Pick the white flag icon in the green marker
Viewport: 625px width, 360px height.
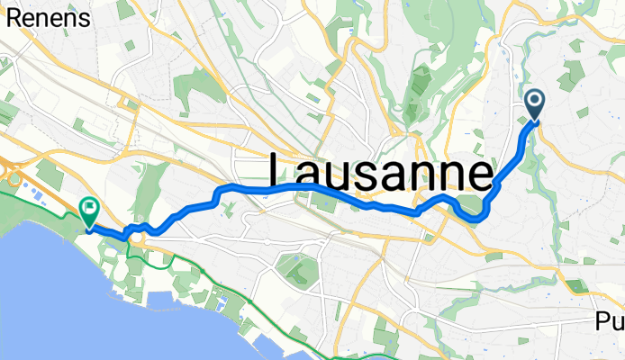click(x=90, y=210)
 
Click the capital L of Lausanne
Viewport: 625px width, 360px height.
click(x=283, y=171)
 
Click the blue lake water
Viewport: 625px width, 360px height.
click(x=54, y=288)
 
